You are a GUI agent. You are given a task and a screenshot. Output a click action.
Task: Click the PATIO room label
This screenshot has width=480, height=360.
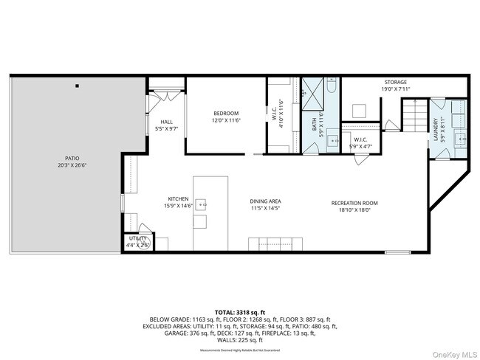72,158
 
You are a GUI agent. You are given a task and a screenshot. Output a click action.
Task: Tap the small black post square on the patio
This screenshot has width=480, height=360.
77,86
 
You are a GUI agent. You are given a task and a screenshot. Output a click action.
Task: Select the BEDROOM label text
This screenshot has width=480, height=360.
227,113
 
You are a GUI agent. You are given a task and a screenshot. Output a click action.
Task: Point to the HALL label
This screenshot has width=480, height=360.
167,122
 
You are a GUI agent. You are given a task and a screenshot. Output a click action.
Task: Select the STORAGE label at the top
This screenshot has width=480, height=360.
395,82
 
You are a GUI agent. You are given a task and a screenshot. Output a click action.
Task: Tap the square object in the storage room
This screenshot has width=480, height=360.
360,111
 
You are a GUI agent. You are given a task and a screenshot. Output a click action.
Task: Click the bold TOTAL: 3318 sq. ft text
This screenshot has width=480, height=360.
240,312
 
